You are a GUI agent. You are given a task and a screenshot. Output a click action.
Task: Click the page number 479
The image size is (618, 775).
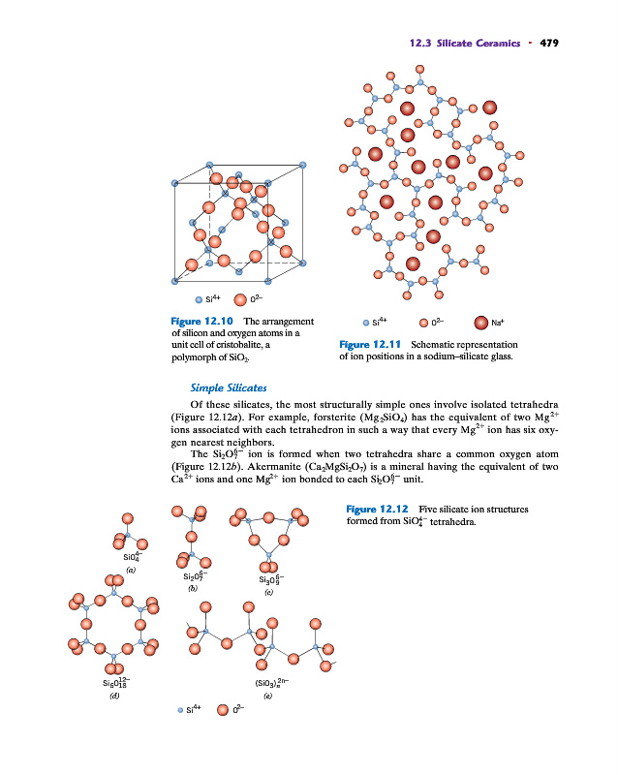point(550,43)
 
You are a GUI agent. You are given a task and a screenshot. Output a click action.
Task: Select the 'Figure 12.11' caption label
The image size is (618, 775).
point(371,344)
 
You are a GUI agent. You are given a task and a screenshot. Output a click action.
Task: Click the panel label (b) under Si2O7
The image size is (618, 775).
point(193,588)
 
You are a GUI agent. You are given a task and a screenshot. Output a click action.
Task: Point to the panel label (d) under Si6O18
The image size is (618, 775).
point(114,695)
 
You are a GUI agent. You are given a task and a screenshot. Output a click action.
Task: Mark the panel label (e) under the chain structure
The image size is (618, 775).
point(267,695)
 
